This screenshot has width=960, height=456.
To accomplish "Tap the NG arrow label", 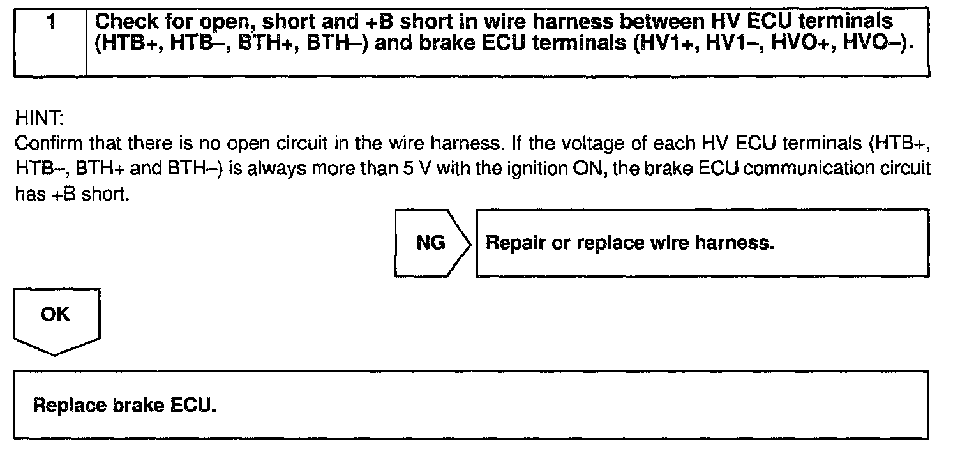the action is [431, 243].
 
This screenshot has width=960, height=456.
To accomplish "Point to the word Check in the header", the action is [125, 22].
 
